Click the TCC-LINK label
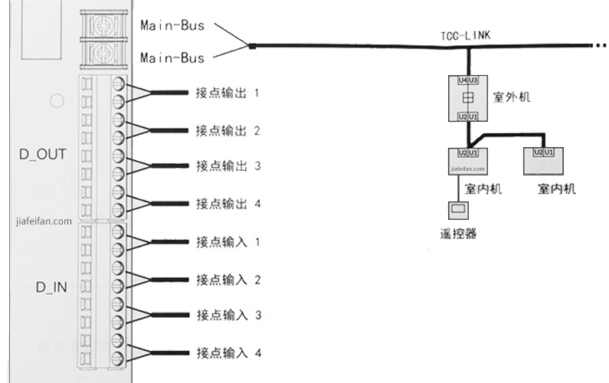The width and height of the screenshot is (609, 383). pyautogui.click(x=465, y=36)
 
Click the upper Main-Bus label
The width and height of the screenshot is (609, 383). pyautogui.click(x=172, y=25)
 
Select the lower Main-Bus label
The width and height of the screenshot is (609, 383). pyautogui.click(x=172, y=58)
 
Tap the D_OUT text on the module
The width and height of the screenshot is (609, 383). pyautogui.click(x=43, y=154)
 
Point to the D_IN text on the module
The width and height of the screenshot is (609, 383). pyautogui.click(x=51, y=287)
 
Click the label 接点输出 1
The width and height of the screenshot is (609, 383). pyautogui.click(x=228, y=93)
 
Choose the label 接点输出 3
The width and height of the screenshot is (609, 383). pyautogui.click(x=228, y=166)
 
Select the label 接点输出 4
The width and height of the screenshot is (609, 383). pyautogui.click(x=228, y=204)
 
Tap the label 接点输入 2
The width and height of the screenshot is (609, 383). pyautogui.click(x=228, y=280)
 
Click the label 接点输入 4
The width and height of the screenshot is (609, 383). pyautogui.click(x=229, y=353)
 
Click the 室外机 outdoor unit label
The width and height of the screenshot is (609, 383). pyautogui.click(x=512, y=97)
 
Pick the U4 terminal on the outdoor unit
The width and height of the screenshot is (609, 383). pyautogui.click(x=463, y=80)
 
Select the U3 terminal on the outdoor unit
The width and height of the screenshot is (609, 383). pyautogui.click(x=473, y=80)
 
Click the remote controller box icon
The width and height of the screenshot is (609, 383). pyautogui.click(x=458, y=210)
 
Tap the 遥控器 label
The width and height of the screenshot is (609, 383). pyautogui.click(x=458, y=234)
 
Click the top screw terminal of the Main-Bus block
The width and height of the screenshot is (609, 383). pyautogui.click(x=103, y=25)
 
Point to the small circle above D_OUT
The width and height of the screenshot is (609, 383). pyautogui.click(x=57, y=101)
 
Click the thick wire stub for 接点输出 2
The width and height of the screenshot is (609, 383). pyautogui.click(x=169, y=130)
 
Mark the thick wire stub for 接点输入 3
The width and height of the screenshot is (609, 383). pyautogui.click(x=170, y=315)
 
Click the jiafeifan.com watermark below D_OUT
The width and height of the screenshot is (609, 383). pyautogui.click(x=44, y=221)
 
